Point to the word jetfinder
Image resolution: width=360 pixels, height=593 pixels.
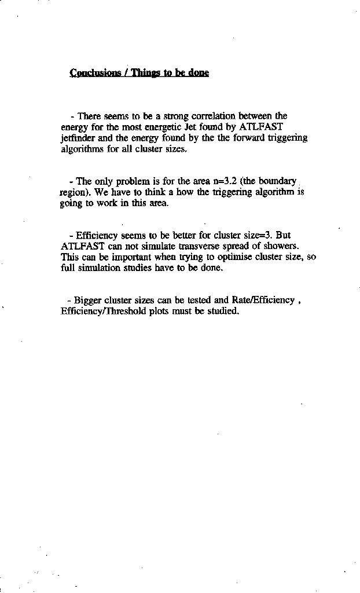pyautogui.click(x=78, y=138)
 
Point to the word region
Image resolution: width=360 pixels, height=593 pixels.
pyautogui.click(x=73, y=193)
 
